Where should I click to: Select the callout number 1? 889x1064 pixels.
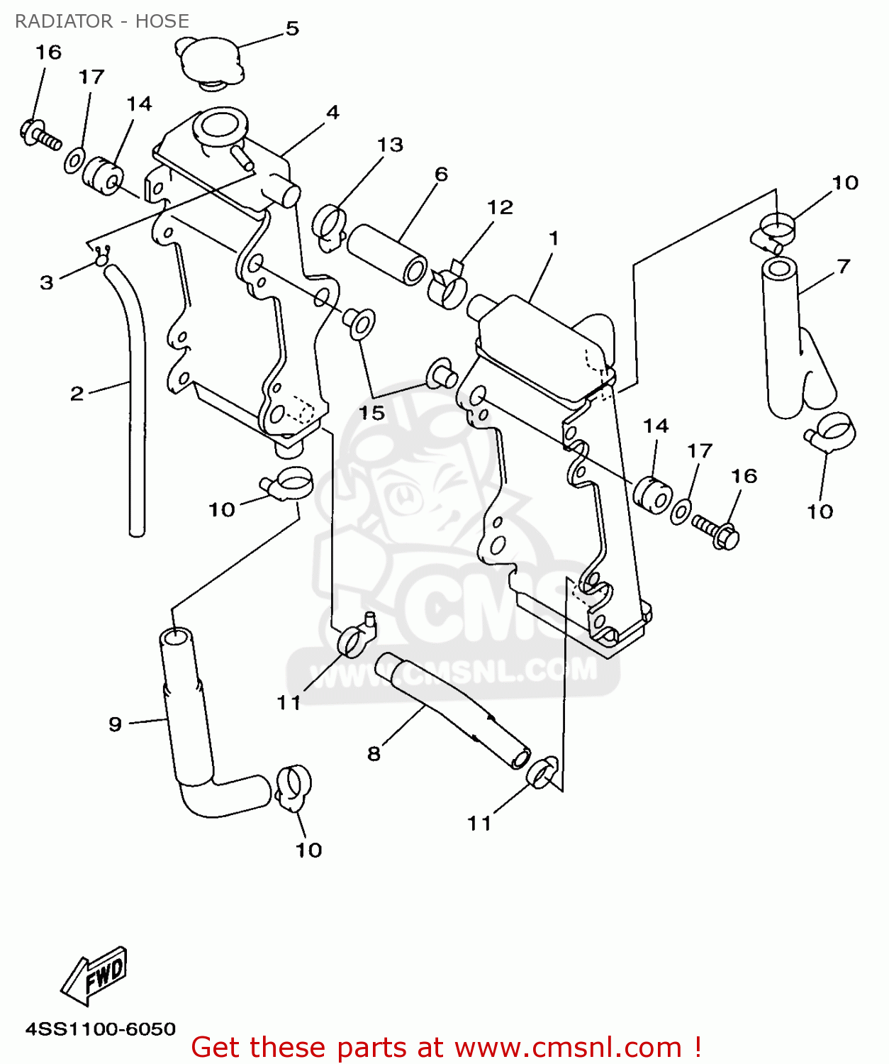pos(554,238)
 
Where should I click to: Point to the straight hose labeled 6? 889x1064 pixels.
pos(386,254)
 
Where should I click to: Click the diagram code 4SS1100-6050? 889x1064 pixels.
pos(101,1029)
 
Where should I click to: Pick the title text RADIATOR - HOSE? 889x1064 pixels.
pos(102,21)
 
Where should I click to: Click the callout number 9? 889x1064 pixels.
pos(116,724)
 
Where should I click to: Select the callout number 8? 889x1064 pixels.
pos(374,753)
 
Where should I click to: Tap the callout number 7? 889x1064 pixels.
pos(843,267)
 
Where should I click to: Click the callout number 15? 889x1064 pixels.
pos(371,413)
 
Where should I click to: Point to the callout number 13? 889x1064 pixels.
pos(390,145)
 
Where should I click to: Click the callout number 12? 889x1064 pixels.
pos(500,207)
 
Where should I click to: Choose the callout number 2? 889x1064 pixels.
pos(77,393)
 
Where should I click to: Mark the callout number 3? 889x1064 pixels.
pos(47,282)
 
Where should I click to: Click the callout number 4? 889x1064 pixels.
pos(332,112)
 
